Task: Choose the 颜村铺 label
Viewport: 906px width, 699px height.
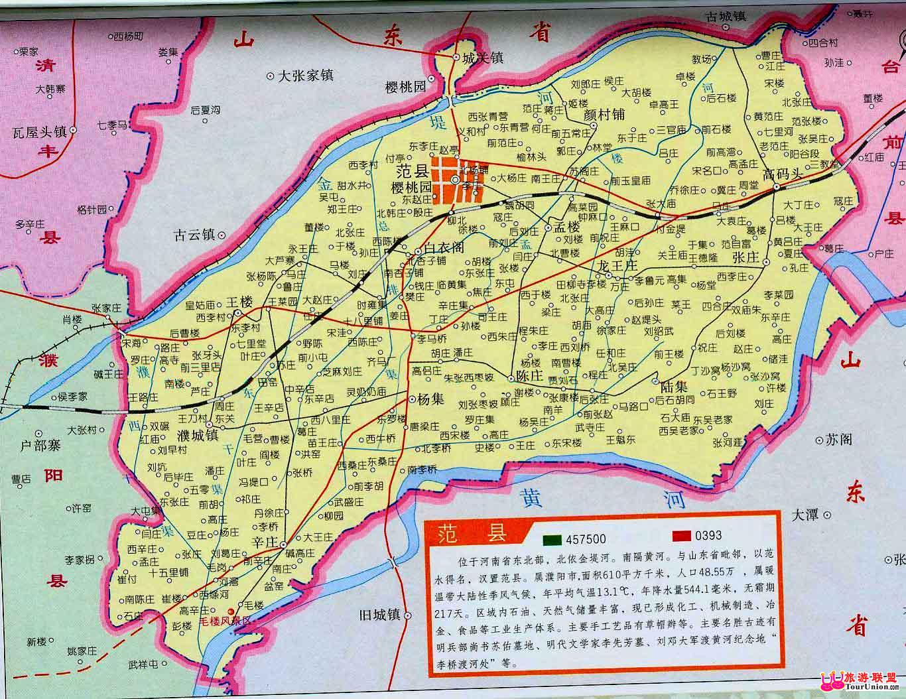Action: [604, 114]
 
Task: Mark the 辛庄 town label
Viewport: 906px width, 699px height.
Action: [263, 542]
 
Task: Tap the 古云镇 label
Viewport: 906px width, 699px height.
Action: [194, 234]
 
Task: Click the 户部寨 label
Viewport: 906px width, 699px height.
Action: [41, 446]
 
